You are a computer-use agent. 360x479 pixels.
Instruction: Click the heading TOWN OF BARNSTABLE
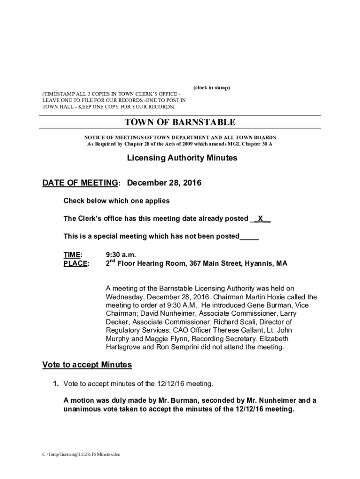180,123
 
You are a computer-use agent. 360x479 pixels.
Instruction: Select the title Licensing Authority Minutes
182,158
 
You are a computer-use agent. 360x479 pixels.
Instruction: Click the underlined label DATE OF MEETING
79,183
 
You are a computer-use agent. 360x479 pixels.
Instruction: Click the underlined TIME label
72,255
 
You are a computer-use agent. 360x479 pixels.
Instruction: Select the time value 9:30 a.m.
121,255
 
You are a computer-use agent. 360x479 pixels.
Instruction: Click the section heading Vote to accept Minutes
87,364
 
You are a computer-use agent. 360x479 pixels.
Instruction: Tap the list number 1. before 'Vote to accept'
55,384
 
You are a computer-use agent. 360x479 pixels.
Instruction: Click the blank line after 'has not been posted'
249,237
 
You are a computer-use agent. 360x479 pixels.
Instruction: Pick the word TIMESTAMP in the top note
60,94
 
